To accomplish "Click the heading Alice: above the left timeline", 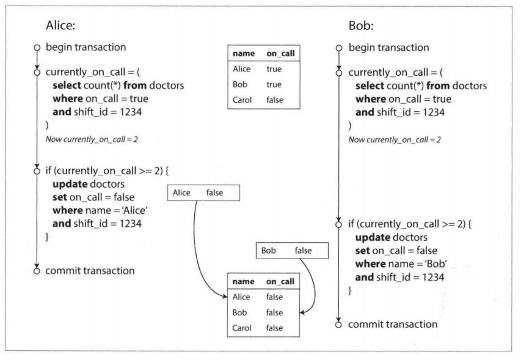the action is (x=61, y=25).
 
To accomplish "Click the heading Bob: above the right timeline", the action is (x=361, y=26).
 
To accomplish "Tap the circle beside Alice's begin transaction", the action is (x=37, y=48).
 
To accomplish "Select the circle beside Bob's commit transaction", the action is (x=338, y=325).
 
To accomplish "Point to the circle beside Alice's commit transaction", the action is (x=37, y=271).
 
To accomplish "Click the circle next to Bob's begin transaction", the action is (x=339, y=48).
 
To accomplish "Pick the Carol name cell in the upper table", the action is (x=242, y=100).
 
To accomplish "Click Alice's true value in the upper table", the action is (x=274, y=69).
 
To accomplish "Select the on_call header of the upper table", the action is (x=280, y=54).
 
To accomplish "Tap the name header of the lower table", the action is (x=243, y=282).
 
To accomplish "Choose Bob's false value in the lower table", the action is (x=274, y=312).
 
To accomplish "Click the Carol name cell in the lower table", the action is (x=242, y=328).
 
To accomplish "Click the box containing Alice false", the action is (x=203, y=193).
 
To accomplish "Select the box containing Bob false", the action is (x=292, y=251).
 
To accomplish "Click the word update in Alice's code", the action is (x=70, y=184).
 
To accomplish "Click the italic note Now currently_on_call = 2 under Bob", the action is (x=395, y=139).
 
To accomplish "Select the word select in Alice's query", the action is (x=67, y=86).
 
